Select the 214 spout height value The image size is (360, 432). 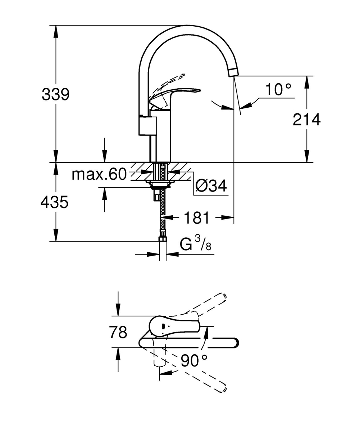click(306, 120)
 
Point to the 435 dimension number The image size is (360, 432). click(54, 203)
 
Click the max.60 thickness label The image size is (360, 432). click(99, 175)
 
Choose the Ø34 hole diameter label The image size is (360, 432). click(211, 186)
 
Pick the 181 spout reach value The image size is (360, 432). click(196, 217)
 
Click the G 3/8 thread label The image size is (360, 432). click(196, 244)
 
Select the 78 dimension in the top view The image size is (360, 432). click(118, 332)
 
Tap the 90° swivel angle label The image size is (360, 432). click(194, 360)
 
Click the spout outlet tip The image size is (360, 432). click(233, 72)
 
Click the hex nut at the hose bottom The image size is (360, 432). click(163, 239)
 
